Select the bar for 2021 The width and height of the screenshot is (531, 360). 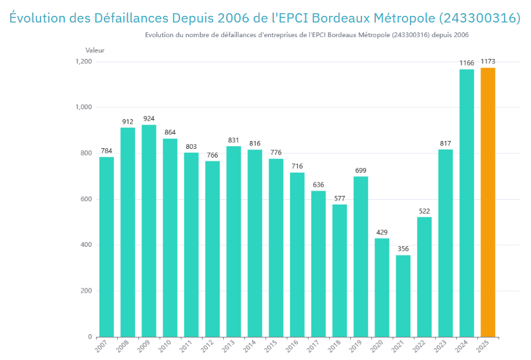point(403,296)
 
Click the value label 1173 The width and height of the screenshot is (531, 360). point(488,62)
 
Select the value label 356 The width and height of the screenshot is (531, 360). point(403,249)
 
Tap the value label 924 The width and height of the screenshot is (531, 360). point(149,118)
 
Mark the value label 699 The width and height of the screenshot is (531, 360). point(361,170)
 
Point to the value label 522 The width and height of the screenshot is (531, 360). point(424,211)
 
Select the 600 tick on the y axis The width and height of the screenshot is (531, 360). point(86,199)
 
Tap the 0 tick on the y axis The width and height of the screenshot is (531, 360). point(90,337)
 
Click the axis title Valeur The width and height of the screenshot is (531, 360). point(95,50)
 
